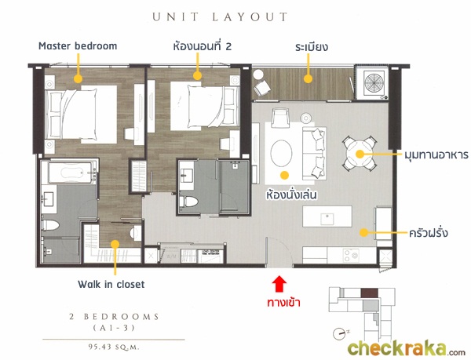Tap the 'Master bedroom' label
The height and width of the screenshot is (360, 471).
(78, 46)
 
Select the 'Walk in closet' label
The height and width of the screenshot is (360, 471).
(111, 284)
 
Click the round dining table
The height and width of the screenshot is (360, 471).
(360, 154)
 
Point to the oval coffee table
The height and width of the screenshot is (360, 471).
(281, 153)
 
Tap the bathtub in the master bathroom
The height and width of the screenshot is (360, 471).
(71, 173)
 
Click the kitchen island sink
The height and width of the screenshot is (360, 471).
(327, 219)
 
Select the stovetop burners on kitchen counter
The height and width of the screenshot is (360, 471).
(351, 255)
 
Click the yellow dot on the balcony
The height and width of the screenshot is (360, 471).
(308, 79)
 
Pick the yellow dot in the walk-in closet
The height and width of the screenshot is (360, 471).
(115, 244)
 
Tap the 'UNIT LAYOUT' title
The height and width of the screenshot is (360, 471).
(220, 16)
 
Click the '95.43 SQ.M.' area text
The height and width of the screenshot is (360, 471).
(114, 347)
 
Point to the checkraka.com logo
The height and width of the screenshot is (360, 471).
(407, 348)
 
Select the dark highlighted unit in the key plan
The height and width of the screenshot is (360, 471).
(369, 293)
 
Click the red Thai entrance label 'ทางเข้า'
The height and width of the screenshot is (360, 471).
(284, 303)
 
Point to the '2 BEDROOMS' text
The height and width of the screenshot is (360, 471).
(114, 317)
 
